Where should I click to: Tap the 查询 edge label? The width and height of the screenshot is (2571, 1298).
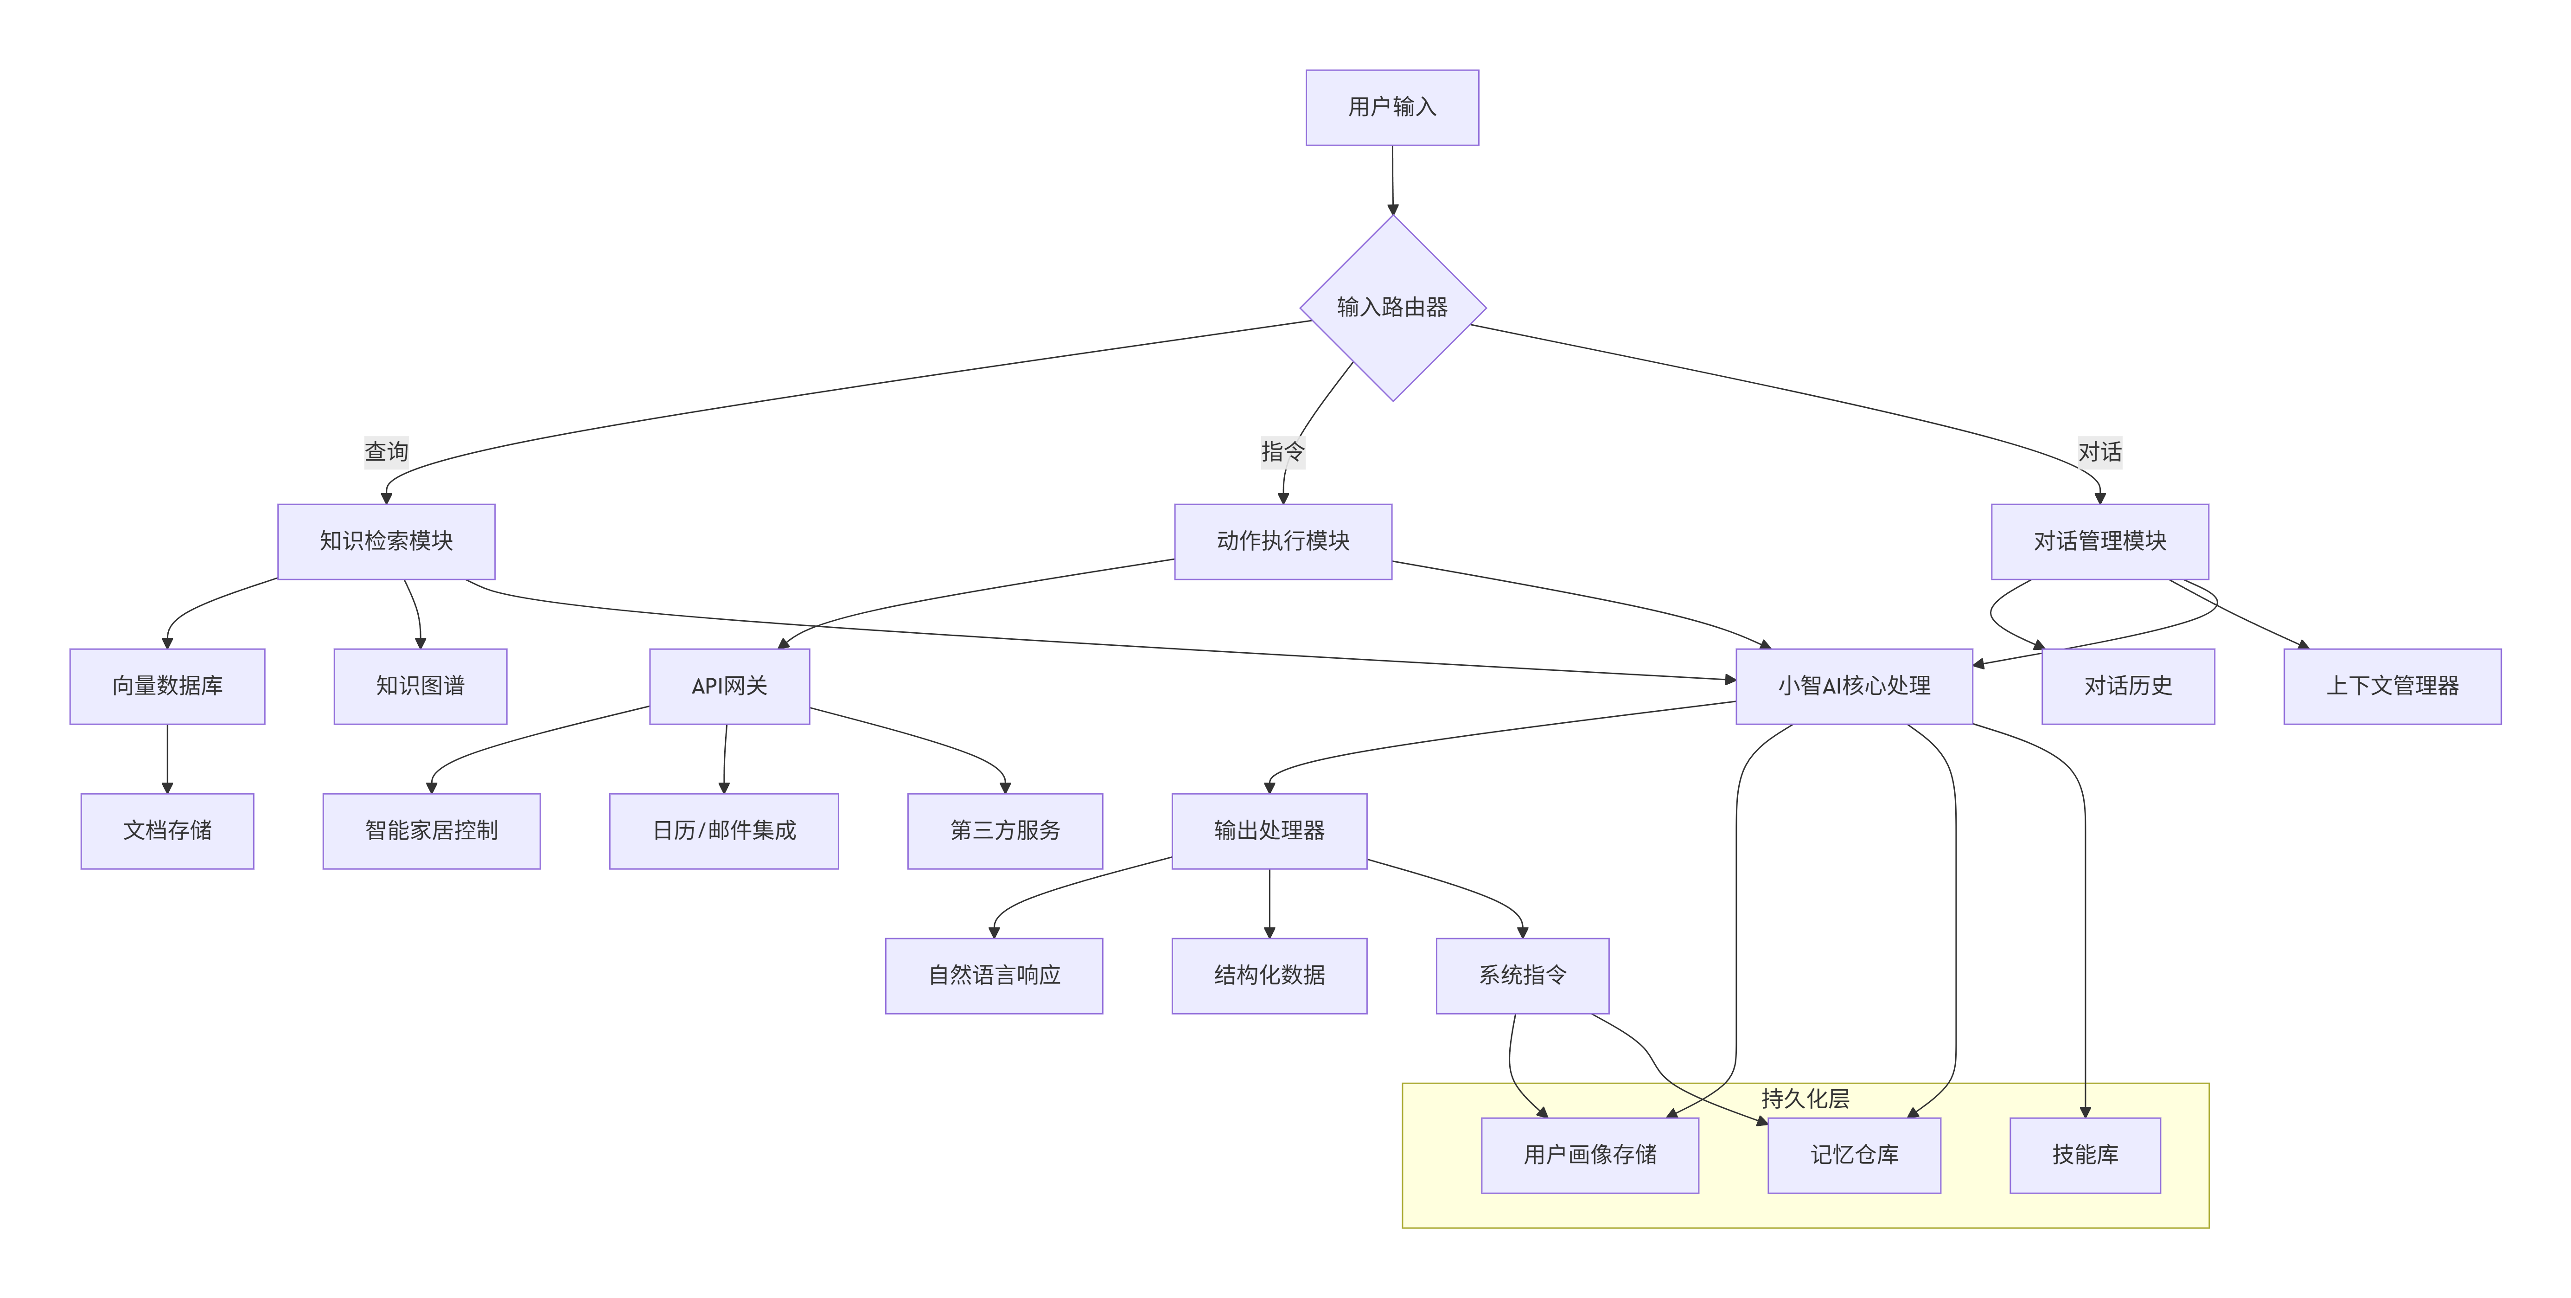coord(386,451)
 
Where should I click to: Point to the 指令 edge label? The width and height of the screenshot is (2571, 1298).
coord(1282,451)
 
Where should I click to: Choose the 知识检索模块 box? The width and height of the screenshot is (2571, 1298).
coord(386,541)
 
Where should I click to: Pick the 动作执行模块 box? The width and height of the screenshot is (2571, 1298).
coord(1282,541)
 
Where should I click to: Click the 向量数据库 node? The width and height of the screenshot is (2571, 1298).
coord(166,686)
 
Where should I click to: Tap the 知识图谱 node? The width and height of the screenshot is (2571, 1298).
coord(420,686)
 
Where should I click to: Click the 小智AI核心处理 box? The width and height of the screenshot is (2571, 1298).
coord(1853,686)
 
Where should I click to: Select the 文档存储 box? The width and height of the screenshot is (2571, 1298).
coord(166,831)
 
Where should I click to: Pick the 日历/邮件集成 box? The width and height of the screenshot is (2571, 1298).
coord(724,831)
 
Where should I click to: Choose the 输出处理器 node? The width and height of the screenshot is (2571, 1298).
coord(1269,831)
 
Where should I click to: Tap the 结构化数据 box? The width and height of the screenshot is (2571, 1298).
coord(1269,976)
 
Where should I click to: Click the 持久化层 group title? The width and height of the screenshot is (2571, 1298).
coord(1805,1099)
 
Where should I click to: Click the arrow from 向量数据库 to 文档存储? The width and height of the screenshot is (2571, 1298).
coord(166,759)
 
